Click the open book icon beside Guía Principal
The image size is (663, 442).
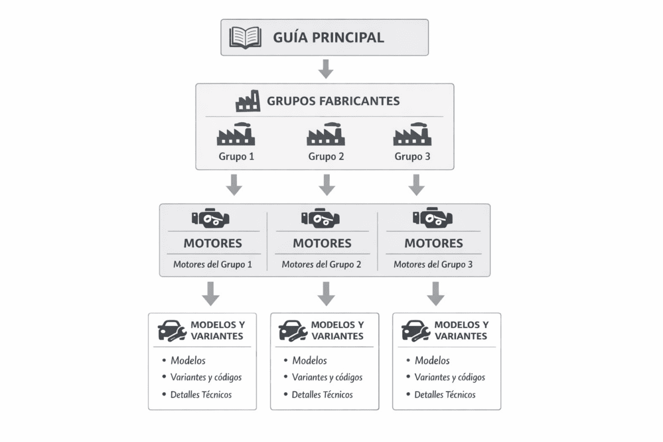click(246, 38)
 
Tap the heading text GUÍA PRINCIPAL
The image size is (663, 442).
click(328, 38)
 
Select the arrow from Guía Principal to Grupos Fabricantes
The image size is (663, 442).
click(326, 69)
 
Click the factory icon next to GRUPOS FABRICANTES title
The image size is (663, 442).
click(248, 101)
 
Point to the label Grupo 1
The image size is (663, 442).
click(236, 156)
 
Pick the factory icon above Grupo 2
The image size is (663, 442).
click(326, 134)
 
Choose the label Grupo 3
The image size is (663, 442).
click(412, 156)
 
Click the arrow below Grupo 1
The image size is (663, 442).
click(234, 185)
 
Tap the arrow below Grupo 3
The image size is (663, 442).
click(417, 185)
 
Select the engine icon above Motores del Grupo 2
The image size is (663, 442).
click(321, 218)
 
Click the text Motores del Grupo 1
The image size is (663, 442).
click(213, 264)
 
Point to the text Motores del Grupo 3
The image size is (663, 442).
click(433, 264)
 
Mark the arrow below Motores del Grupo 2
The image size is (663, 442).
click(326, 293)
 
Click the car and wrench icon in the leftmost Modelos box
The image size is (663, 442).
click(171, 330)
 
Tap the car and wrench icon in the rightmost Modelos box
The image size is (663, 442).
click(415, 330)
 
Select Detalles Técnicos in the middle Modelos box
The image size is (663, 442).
click(322, 394)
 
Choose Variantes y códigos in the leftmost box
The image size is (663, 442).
click(206, 377)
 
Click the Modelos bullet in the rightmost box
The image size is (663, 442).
click(432, 360)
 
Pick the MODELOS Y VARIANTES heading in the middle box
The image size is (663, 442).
click(337, 330)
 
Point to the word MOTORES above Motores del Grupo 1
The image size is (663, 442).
click(213, 243)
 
